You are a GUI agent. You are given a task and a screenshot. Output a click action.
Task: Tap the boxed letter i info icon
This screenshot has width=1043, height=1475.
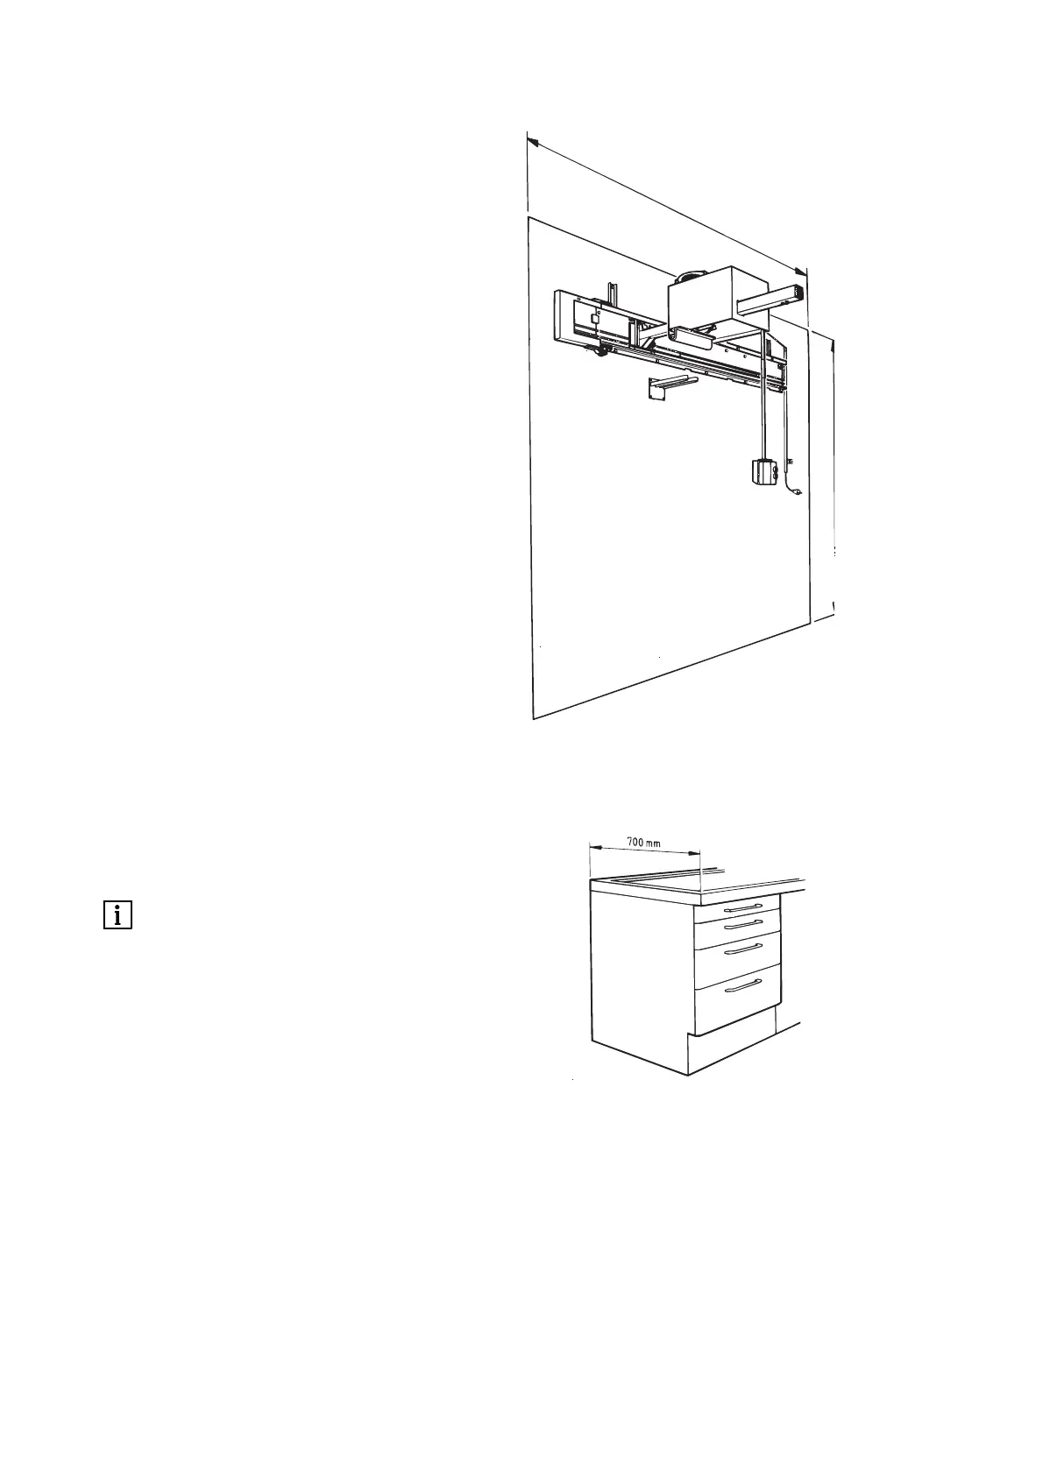117,915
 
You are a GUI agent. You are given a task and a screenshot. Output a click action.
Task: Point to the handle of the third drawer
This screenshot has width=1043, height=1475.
737,949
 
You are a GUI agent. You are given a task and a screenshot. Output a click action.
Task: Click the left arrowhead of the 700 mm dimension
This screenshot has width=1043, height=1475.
592,846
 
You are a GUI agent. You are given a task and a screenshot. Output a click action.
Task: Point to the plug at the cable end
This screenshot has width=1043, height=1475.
796,495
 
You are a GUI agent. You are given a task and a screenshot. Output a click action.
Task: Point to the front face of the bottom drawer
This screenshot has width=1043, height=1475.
737,999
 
